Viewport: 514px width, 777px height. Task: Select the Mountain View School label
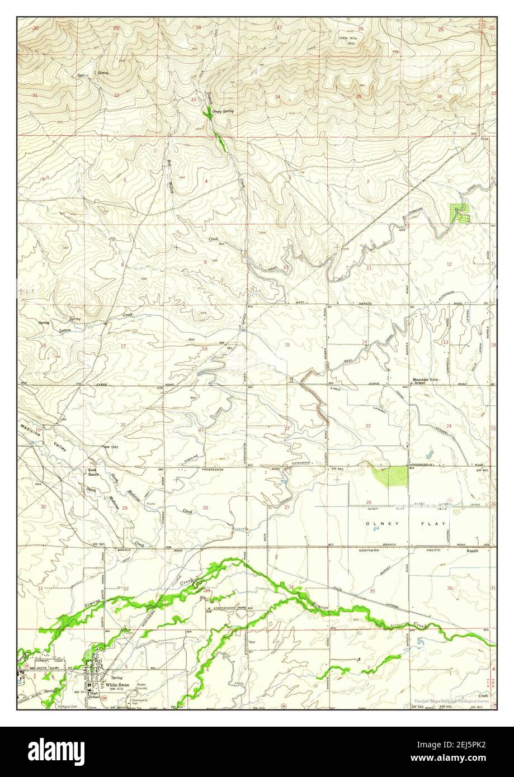[x=427, y=381]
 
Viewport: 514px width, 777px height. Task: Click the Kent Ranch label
[x=93, y=472]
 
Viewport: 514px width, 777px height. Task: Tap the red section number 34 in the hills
[x=277, y=97]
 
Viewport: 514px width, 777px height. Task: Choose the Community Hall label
[x=138, y=701]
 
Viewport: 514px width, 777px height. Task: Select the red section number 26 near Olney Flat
[x=369, y=502]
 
